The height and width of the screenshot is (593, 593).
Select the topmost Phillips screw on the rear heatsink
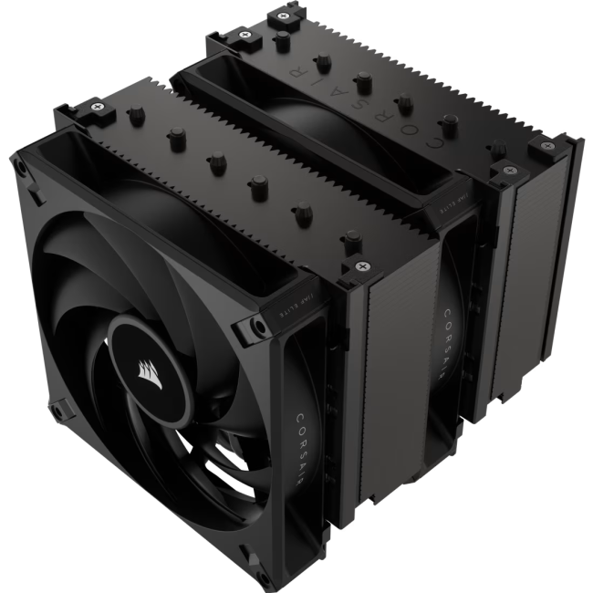[246, 34]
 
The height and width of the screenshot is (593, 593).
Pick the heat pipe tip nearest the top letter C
[451, 119]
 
